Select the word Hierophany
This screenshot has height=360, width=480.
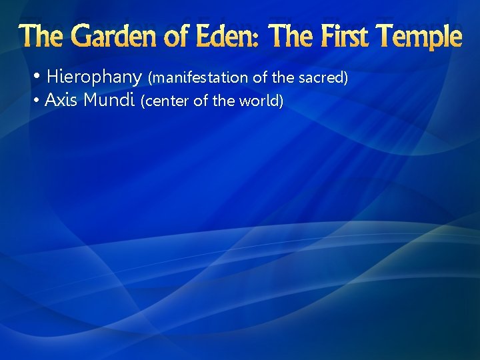click(94, 77)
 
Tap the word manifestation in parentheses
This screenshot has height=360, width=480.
click(199, 78)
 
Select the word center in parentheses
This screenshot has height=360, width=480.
click(163, 102)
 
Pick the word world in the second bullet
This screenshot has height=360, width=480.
click(265, 102)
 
